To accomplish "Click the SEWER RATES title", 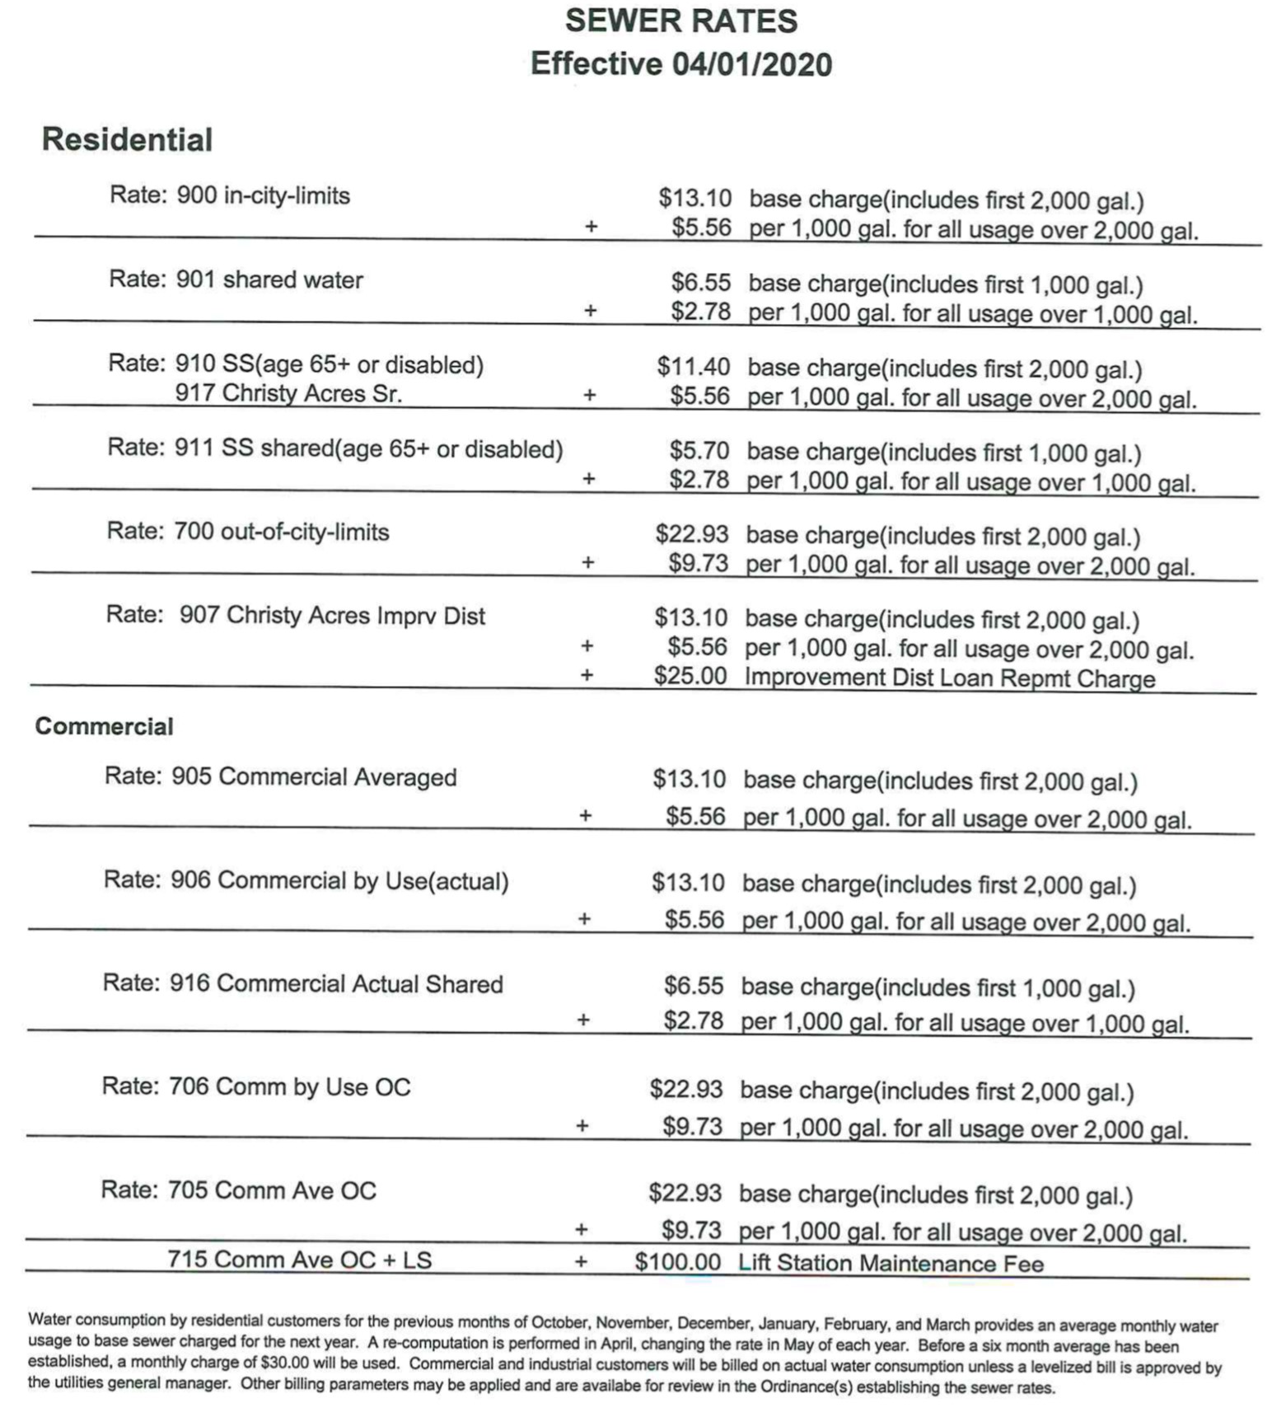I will (680, 21).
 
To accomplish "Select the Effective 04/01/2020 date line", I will (680, 64).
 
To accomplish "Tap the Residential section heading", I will (127, 139).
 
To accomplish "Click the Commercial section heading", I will (104, 726).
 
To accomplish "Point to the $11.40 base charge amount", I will (693, 367).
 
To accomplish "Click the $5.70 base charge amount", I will (699, 451).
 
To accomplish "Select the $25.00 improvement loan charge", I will (690, 677).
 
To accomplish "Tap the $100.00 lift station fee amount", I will (677, 1263).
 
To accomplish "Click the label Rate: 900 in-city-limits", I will (230, 195).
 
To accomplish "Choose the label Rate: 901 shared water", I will (236, 279).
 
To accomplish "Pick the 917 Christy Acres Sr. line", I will (288, 393).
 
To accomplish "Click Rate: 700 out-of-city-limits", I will (248, 532).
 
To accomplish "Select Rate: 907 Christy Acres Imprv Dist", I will (296, 616).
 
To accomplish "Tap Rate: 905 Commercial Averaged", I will (280, 777).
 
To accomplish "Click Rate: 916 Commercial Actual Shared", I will (302, 984).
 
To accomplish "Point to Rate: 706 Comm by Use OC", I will (255, 1087).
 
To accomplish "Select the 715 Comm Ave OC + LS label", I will (299, 1260).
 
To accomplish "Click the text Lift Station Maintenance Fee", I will (891, 1264).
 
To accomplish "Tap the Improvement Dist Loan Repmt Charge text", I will (949, 678).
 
